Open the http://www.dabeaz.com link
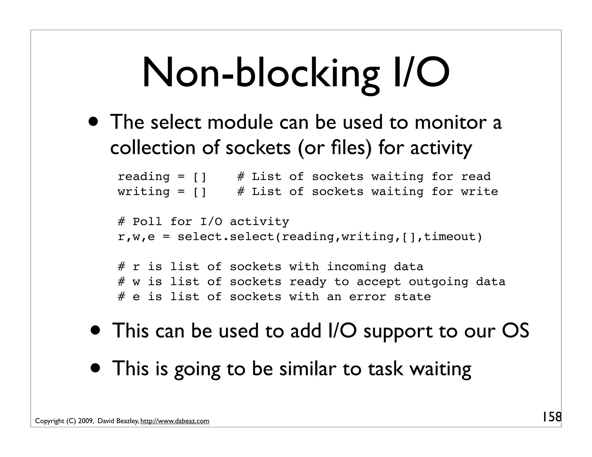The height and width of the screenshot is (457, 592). pos(175,421)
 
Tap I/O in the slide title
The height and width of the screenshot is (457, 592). pos(421,73)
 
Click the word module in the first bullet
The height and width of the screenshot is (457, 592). pos(240,122)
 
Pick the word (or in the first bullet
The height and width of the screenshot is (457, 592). pos(308,148)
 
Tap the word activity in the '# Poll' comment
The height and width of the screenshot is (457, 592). pos(259,222)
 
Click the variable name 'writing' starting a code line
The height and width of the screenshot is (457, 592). pos(144,192)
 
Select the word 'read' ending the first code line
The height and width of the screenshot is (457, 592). pos(476,177)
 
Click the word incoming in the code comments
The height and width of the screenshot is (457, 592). pos(356,267)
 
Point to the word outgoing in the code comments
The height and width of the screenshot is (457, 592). pos(438,282)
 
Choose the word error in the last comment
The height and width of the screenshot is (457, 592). pos(367,297)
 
